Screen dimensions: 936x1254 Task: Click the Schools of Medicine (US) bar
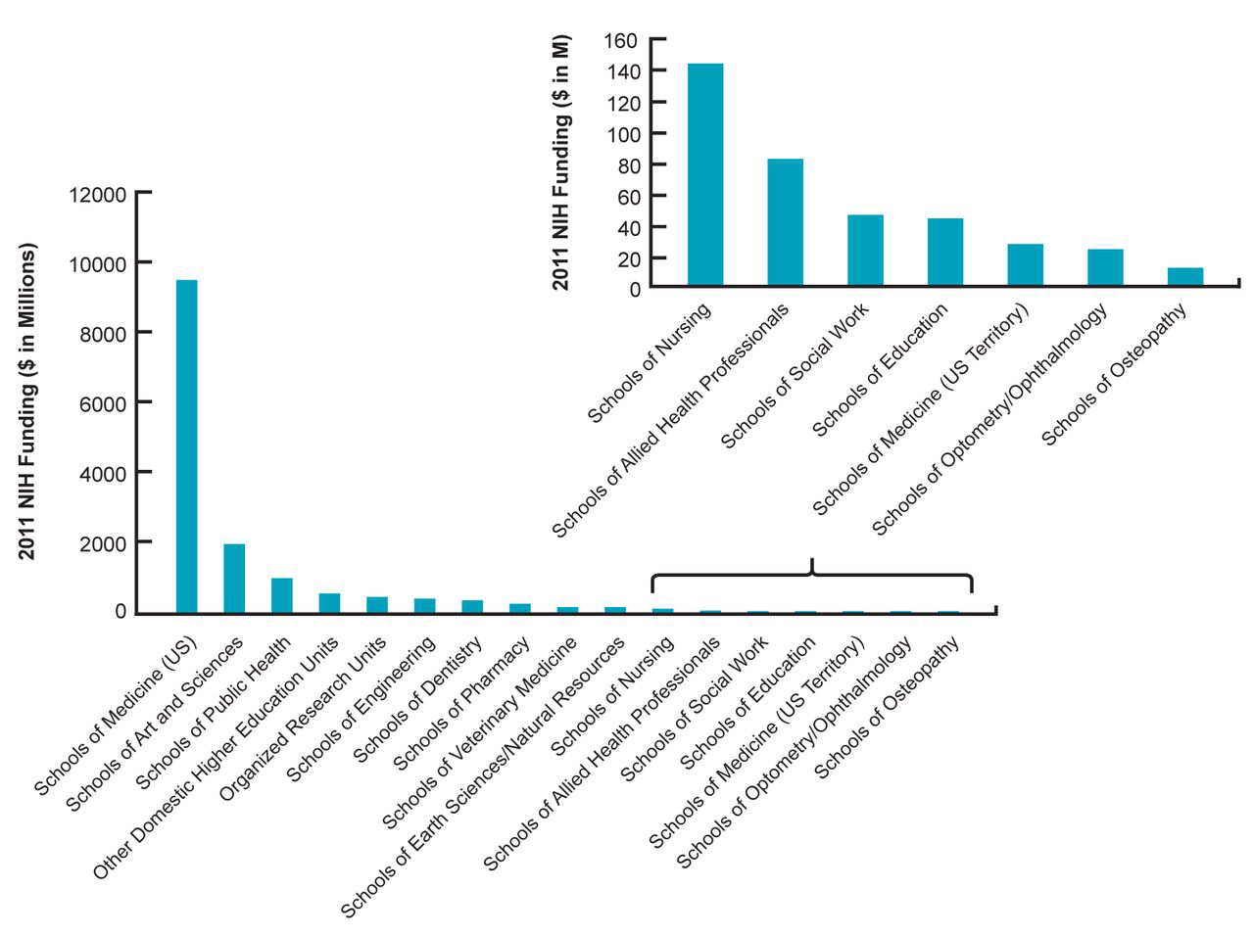tap(186, 446)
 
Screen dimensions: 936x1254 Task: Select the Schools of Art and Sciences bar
tap(234, 578)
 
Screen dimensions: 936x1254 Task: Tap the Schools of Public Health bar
tap(282, 595)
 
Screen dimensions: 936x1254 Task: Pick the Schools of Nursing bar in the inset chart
tap(705, 175)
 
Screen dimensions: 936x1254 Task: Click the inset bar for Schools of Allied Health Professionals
tap(785, 222)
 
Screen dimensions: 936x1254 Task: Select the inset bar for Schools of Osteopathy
tap(1185, 277)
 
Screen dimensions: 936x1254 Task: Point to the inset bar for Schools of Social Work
tap(865, 251)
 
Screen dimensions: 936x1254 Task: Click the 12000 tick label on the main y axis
tap(98, 195)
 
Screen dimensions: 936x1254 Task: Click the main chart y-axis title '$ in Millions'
tap(28, 401)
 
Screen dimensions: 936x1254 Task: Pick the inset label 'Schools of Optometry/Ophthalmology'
tap(990, 419)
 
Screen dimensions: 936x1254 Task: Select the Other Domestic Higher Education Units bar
tap(329, 602)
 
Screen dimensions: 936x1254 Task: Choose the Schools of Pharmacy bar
tap(520, 607)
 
